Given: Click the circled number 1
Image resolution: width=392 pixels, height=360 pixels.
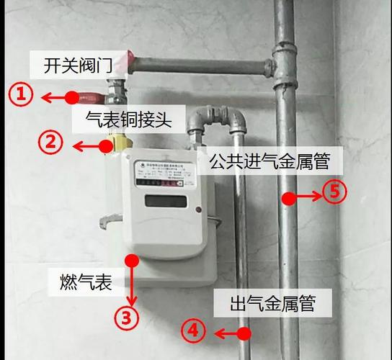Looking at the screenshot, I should pyautogui.click(x=22, y=96).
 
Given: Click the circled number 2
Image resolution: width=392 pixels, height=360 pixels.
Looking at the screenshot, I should pyautogui.click(x=50, y=143).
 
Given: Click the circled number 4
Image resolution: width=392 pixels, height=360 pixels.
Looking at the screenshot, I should pyautogui.click(x=192, y=331).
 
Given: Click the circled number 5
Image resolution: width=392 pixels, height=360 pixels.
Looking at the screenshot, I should pyautogui.click(x=334, y=193).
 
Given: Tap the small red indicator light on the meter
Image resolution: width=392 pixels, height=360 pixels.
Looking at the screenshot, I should pyautogui.click(x=197, y=210).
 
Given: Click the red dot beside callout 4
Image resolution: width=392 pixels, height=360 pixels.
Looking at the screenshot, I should pyautogui.click(x=244, y=333).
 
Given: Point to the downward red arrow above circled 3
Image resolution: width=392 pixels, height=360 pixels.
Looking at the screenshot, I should pyautogui.click(x=131, y=284).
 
